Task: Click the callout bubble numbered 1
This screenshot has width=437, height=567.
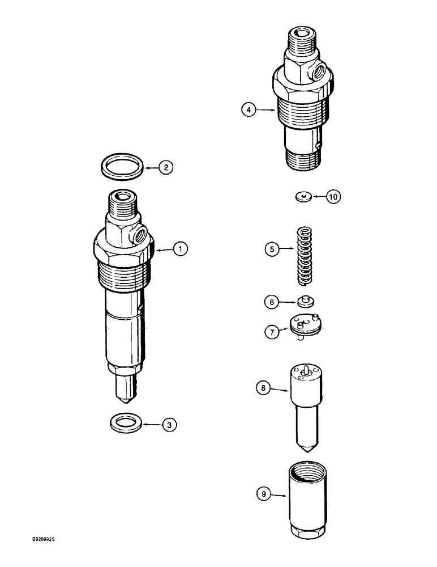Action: [180, 249]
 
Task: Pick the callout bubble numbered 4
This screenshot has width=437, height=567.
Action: [248, 110]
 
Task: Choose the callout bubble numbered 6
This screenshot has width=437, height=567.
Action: [272, 302]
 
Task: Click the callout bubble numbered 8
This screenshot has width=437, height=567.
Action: [262, 388]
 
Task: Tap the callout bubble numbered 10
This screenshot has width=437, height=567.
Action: [333, 197]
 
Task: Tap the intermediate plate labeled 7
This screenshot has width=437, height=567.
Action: [305, 325]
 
